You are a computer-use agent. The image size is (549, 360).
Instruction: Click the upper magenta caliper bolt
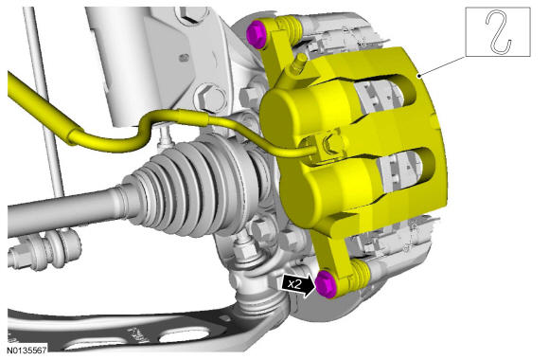click(257, 34)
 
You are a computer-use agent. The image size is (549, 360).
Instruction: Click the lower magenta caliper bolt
click(327, 284)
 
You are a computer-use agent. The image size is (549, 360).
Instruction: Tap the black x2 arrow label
click(297, 284)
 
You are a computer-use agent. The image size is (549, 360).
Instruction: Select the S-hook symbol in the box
click(498, 32)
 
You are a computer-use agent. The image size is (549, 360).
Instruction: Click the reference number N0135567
click(27, 350)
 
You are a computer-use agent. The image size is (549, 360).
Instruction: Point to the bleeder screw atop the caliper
click(297, 64)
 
